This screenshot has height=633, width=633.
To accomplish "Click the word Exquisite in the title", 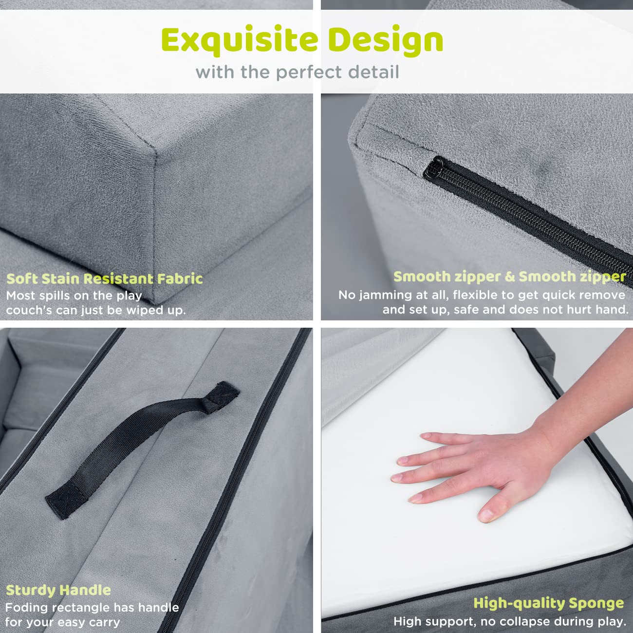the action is tap(240, 40).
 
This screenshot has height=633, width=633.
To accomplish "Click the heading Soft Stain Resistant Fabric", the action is tap(105, 279).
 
